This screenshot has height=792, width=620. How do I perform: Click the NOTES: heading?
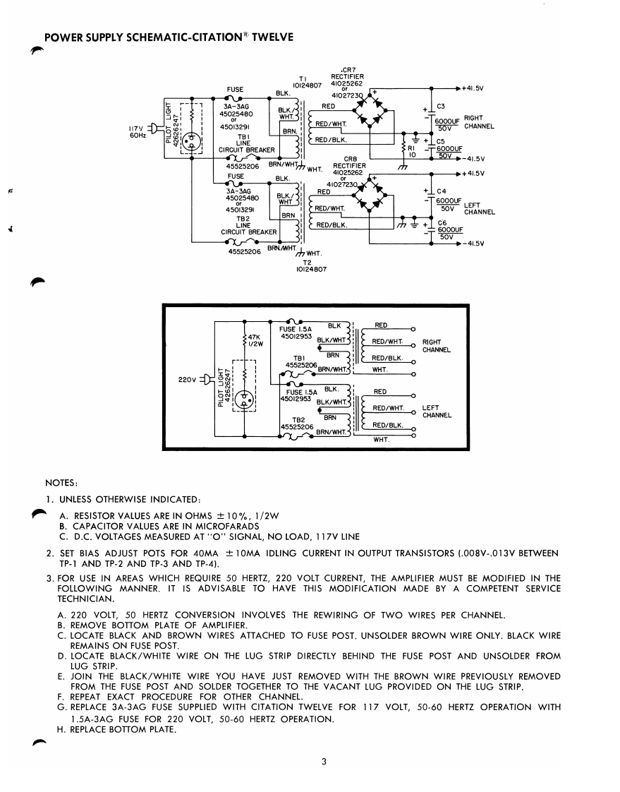click(x=60, y=484)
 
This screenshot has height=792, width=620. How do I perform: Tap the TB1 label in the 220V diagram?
click(x=297, y=358)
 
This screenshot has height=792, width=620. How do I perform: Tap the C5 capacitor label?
click(x=441, y=141)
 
